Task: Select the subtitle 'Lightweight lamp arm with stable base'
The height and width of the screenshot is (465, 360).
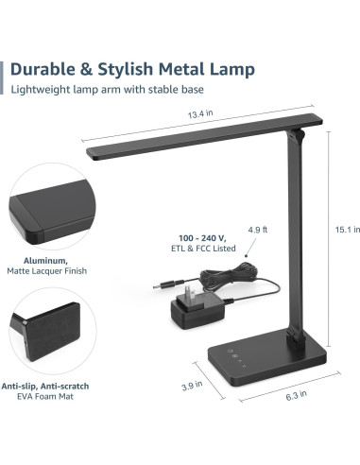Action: point(107,91)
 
